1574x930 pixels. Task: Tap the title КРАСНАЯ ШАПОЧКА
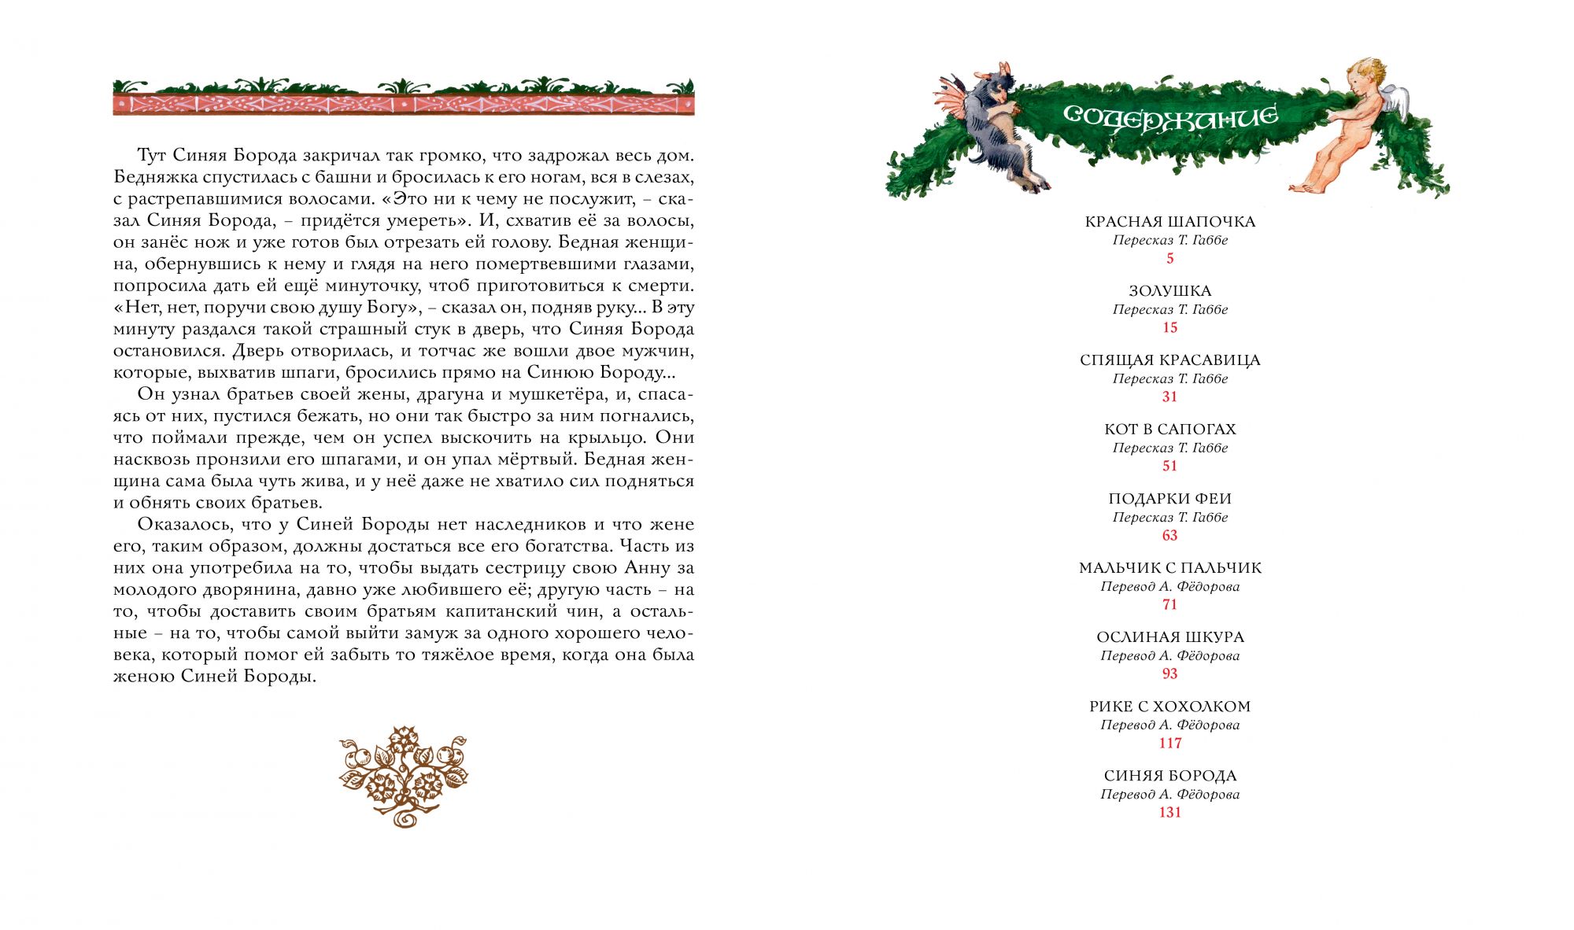tap(1170, 222)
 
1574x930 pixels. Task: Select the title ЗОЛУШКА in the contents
tap(1170, 291)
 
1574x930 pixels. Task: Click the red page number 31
tap(1170, 397)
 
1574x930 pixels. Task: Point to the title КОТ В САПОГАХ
tap(1170, 430)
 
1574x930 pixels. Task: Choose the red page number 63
tap(1170, 536)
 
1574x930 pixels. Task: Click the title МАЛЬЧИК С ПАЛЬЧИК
tap(1170, 568)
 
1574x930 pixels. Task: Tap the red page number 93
tap(1170, 674)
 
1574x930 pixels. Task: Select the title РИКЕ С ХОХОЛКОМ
tap(1170, 707)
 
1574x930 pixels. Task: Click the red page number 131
tap(1170, 813)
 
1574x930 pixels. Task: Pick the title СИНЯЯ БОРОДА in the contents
tap(1170, 776)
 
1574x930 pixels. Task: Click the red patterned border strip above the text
tap(404, 105)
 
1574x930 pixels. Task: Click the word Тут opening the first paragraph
tap(151, 156)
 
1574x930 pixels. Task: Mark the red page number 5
tap(1170, 259)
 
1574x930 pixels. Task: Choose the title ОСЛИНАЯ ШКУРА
tap(1170, 637)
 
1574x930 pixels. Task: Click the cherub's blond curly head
tap(1364, 75)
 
